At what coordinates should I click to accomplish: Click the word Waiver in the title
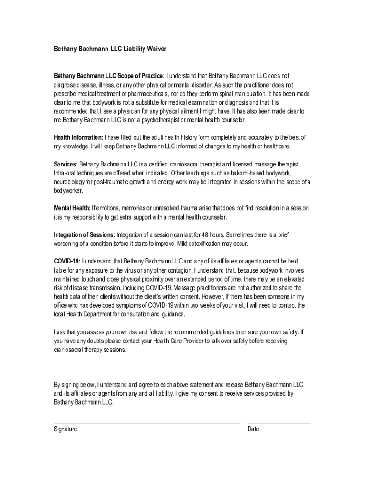click(155, 49)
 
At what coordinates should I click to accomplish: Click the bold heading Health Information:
click(78, 137)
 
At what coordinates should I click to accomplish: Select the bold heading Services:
click(66, 164)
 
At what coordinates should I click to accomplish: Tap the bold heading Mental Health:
click(72, 208)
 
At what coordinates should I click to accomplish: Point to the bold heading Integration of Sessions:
click(84, 235)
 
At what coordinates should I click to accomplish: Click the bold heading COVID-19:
click(67, 261)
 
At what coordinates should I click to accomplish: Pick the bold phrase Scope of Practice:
click(140, 76)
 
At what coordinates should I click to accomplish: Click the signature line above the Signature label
click(146, 422)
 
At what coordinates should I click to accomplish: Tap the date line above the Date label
click(279, 422)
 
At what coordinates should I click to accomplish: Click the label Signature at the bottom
click(65, 429)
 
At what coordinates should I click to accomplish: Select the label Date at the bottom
click(253, 429)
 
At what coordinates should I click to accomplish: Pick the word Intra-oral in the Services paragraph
click(66, 173)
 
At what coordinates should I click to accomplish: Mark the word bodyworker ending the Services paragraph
click(68, 190)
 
